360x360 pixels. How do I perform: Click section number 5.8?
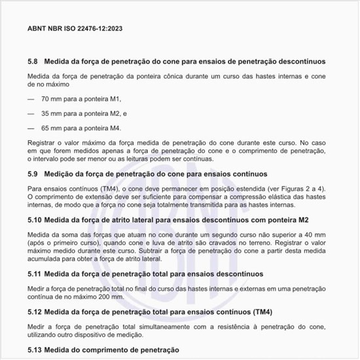coord(33,62)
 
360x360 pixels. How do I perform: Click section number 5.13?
coord(35,351)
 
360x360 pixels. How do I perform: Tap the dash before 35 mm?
coord(31,113)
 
